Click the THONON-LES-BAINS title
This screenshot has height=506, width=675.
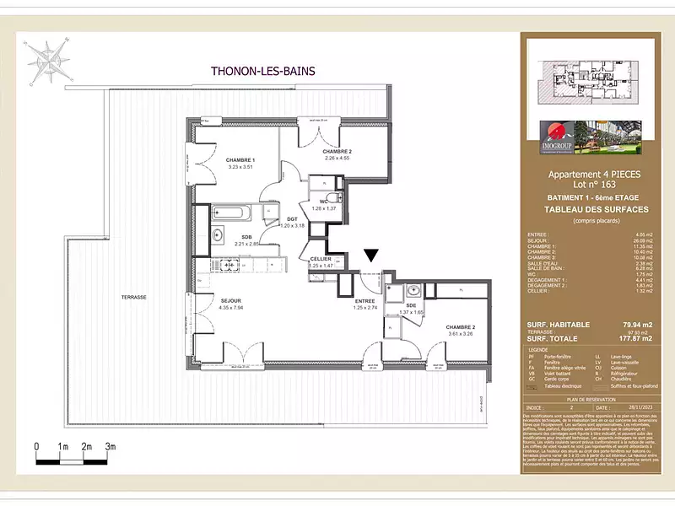point(262,72)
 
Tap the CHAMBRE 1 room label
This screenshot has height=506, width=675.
point(240,160)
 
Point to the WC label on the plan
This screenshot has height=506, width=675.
point(323,202)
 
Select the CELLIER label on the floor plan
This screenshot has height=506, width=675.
point(320,259)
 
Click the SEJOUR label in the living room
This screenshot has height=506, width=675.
point(230,301)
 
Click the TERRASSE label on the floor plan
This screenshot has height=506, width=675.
point(133,298)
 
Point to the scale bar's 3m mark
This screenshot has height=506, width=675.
point(110,446)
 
